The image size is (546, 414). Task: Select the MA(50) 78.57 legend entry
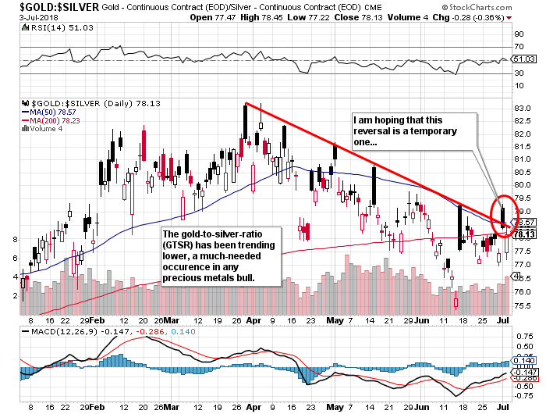(53, 112)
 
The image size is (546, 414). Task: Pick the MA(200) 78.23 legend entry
(55, 120)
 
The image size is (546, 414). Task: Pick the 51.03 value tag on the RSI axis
(524, 59)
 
